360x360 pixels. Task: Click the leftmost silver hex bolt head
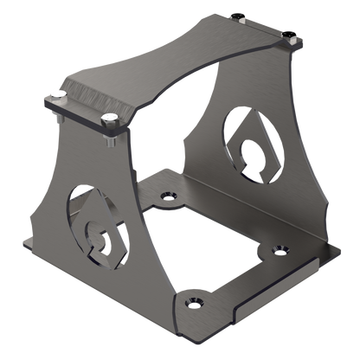point(57,93)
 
